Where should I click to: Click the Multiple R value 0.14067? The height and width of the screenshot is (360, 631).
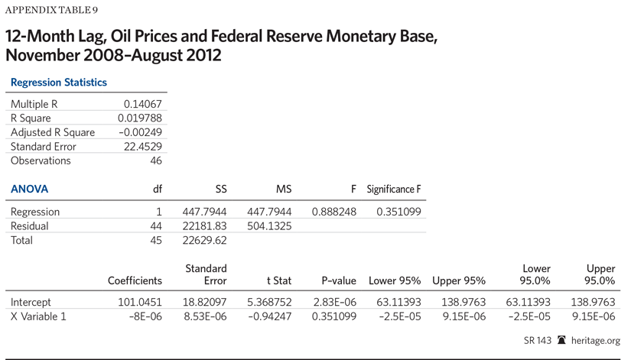pos(143,104)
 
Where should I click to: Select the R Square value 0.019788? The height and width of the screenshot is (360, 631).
pos(140,118)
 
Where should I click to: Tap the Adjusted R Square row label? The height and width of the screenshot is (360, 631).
pos(53,132)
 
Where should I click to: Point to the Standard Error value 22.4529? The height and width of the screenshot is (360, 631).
pos(143,147)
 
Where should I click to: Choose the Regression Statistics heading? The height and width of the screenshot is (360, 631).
pos(59,82)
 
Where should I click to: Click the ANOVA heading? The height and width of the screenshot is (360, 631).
pos(29,189)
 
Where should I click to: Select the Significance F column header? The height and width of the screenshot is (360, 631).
pos(394,189)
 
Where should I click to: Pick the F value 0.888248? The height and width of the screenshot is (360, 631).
pos(334,212)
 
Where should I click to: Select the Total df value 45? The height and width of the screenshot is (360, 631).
pos(155,241)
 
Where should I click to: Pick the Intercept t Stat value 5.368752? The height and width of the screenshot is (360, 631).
pos(269,301)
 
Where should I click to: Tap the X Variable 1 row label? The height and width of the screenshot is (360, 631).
pos(38,316)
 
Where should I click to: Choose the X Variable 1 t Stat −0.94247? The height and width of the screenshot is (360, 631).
pos(269,316)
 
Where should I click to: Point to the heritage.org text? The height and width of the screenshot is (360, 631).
pos(597,341)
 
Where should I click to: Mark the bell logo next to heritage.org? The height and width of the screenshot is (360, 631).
pos(562,341)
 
